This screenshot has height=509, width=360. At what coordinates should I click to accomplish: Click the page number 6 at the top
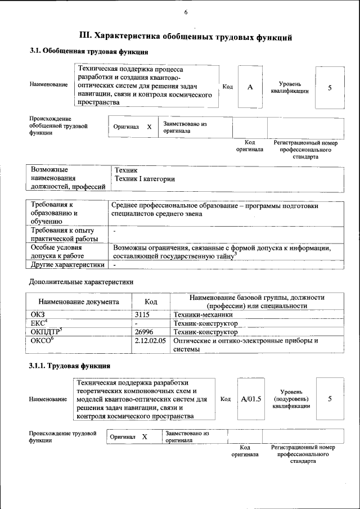point(185,13)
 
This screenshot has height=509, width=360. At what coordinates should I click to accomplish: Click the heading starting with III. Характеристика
point(186,38)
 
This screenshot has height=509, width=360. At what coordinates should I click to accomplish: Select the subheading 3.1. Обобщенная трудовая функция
point(88,52)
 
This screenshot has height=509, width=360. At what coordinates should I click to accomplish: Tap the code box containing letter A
point(250,87)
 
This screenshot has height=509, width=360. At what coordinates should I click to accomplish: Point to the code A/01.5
point(251,399)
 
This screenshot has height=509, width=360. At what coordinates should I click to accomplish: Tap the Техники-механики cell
point(203,315)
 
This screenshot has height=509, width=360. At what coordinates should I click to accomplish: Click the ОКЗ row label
point(38,315)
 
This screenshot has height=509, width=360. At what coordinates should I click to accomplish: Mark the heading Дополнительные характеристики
point(81,281)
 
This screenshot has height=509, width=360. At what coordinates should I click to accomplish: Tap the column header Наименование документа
point(79,301)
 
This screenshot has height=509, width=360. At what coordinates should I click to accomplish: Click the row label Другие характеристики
point(67,264)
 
